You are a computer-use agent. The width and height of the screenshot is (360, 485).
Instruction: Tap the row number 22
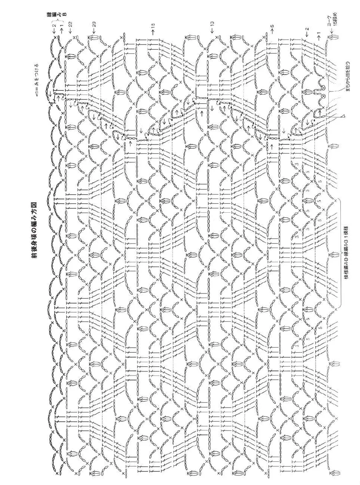tap(71, 24)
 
